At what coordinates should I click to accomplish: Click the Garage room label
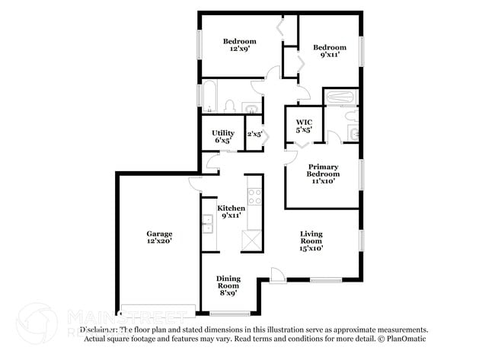pyautogui.click(x=159, y=237)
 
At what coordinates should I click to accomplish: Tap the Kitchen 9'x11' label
pyautogui.click(x=232, y=212)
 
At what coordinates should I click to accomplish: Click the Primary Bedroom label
pyautogui.click(x=323, y=174)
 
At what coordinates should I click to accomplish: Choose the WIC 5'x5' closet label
pyautogui.click(x=304, y=126)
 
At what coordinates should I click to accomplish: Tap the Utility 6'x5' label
pyautogui.click(x=223, y=136)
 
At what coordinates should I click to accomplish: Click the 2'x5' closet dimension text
pyautogui.click(x=254, y=134)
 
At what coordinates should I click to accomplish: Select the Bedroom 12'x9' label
pyautogui.click(x=239, y=45)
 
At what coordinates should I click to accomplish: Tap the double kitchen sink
pyautogui.click(x=207, y=224)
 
